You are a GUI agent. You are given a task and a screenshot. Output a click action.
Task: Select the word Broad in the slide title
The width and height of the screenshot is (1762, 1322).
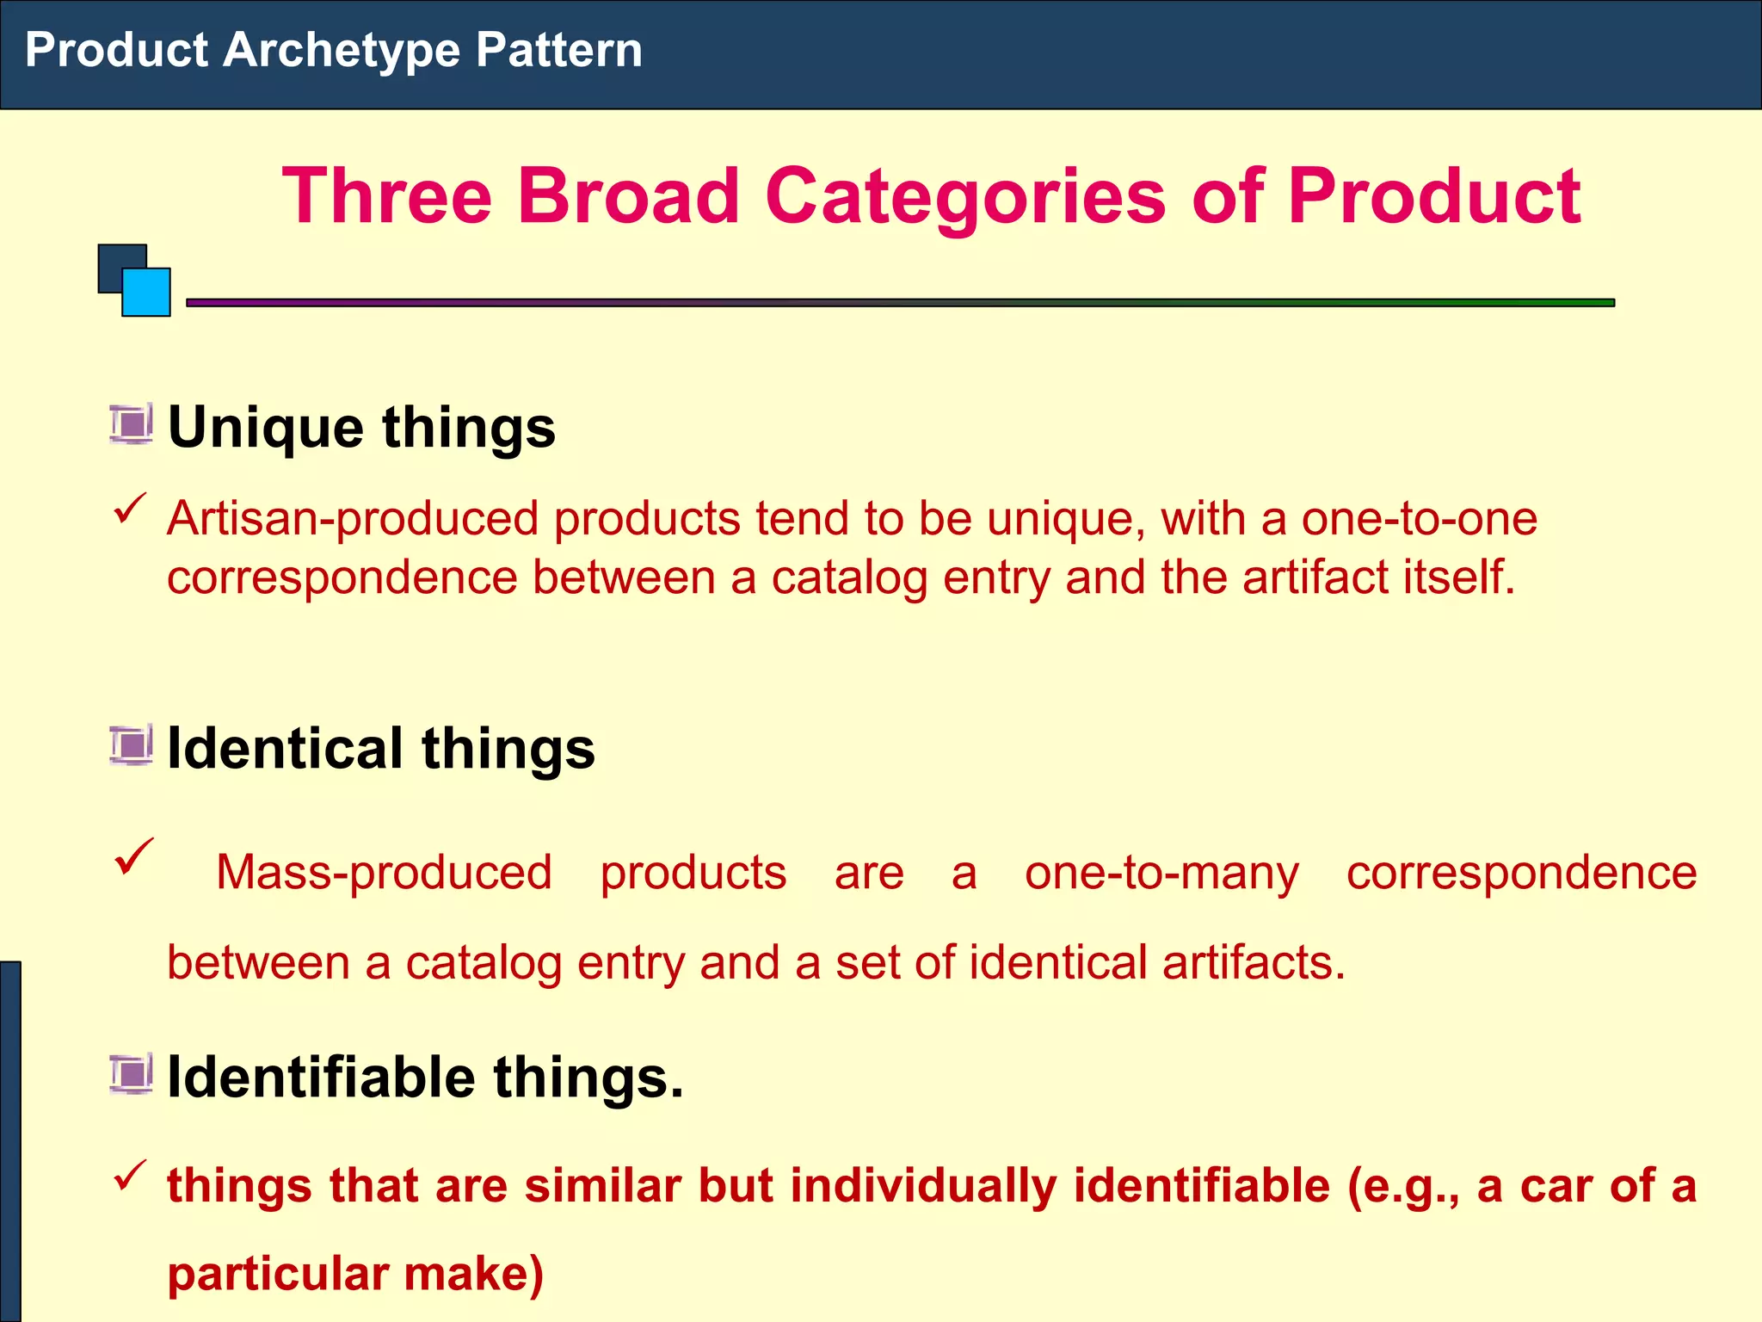(627, 196)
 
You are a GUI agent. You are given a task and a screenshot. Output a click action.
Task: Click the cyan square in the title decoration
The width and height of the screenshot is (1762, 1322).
(146, 293)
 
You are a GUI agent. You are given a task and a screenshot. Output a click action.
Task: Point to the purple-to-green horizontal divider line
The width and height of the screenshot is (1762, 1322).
(899, 303)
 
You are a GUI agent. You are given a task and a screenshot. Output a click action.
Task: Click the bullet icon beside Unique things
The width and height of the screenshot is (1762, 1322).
(131, 424)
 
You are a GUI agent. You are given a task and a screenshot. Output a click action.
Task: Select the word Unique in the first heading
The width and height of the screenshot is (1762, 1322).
(266, 428)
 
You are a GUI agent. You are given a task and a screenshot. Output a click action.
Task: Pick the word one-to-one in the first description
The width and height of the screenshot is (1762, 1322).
(1419, 519)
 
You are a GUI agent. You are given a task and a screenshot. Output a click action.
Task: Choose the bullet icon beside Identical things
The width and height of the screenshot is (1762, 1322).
(131, 745)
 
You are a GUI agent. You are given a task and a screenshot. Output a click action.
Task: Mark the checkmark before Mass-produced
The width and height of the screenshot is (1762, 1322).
(133, 856)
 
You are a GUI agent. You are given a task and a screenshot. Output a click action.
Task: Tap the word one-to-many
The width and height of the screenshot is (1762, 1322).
(1161, 874)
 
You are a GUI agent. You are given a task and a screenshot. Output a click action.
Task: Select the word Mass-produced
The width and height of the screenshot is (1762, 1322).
(384, 873)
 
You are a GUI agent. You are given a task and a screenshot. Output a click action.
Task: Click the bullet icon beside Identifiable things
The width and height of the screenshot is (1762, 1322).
(131, 1074)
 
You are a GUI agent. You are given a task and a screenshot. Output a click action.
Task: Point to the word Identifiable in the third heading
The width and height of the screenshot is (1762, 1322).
(321, 1077)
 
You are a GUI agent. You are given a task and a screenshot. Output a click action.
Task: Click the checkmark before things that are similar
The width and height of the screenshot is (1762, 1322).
(130, 1175)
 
